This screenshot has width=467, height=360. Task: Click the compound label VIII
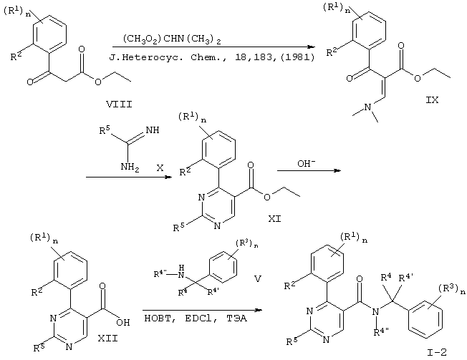point(119,104)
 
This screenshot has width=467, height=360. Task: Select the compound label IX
point(432,100)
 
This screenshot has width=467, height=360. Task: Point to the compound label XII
point(108,339)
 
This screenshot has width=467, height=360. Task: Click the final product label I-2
point(437,353)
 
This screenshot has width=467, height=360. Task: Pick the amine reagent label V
point(258,279)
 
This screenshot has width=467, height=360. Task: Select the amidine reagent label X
point(160,168)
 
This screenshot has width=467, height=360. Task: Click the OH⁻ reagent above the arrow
point(307,163)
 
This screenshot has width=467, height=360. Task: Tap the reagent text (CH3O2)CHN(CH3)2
point(172,40)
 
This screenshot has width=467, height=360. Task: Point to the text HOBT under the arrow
point(158,318)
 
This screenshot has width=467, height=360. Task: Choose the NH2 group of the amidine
point(130,167)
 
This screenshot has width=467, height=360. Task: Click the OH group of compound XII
point(123,322)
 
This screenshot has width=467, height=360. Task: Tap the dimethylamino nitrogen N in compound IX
point(368,107)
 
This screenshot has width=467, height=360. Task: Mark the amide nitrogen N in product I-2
point(376,311)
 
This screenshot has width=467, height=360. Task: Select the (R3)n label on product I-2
point(451,289)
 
